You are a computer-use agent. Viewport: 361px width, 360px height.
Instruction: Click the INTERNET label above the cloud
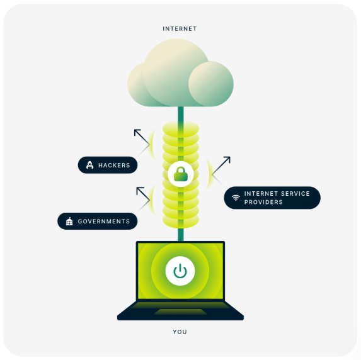(180, 29)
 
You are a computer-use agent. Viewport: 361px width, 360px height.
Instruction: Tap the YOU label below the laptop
(180, 332)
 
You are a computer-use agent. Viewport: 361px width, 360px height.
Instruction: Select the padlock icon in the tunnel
(181, 174)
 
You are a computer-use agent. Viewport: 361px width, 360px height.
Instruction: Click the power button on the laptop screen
(180, 271)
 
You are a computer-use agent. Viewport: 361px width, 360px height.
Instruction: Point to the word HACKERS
(114, 166)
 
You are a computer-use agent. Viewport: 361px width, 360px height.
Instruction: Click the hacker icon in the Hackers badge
(89, 166)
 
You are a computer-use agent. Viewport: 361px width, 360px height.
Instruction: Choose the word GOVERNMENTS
(104, 222)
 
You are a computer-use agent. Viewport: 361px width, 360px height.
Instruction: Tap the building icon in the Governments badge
(69, 222)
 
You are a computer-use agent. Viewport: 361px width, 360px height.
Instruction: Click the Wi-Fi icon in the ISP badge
(236, 198)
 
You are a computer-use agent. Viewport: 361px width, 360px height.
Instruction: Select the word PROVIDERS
(265, 201)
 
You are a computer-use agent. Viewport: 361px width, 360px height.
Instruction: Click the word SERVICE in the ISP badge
(295, 194)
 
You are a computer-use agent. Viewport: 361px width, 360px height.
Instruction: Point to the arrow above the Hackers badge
(141, 137)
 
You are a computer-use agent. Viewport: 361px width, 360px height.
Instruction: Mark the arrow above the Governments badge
(143, 193)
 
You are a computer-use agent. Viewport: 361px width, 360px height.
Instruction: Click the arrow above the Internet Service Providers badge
(221, 166)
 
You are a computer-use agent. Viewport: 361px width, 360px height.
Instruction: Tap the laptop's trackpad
(180, 312)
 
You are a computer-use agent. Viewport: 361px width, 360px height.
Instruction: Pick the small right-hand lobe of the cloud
(211, 84)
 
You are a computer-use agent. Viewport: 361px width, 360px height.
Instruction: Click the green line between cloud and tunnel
(181, 115)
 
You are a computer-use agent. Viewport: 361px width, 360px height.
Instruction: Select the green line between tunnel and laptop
(181, 235)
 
